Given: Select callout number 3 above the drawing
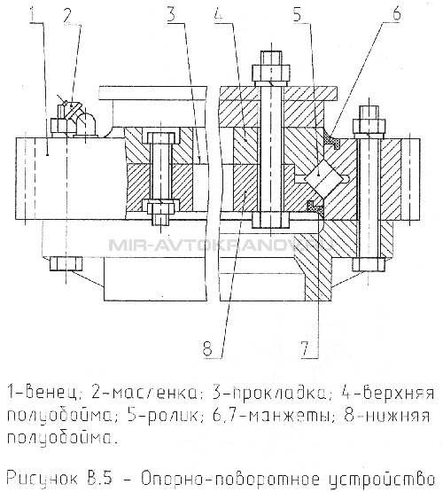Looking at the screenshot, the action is (173, 13).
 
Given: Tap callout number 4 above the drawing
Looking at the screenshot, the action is (219, 12).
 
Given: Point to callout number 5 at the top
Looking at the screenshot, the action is (299, 12).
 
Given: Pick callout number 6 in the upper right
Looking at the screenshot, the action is (396, 12).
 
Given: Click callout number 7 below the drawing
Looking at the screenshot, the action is (307, 348).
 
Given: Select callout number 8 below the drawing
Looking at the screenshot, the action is (209, 348).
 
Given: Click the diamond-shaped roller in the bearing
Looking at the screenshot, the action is (323, 176).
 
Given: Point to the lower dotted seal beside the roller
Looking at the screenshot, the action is (315, 207).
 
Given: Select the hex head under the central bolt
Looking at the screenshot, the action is (270, 221).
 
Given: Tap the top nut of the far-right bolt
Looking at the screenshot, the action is (369, 127).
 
